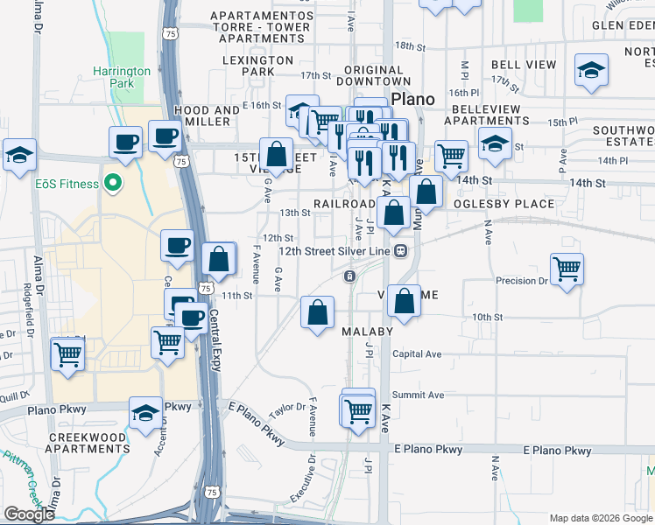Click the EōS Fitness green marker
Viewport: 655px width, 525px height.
pyautogui.click(x=112, y=184)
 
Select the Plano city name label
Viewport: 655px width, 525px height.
pyautogui.click(x=412, y=99)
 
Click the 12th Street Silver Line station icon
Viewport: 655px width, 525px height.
pyautogui.click(x=400, y=250)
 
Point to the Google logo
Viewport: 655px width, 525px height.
pyautogui.click(x=29, y=514)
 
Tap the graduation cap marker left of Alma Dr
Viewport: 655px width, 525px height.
pyautogui.click(x=19, y=155)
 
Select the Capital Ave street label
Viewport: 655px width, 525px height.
pyautogui.click(x=417, y=353)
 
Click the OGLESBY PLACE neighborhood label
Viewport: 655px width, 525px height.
pyautogui.click(x=504, y=204)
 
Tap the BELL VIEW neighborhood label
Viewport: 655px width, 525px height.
pyautogui.click(x=524, y=66)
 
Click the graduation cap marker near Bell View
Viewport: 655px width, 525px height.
pyautogui.click(x=592, y=71)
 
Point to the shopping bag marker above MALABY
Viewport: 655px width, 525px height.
pyautogui.click(x=318, y=312)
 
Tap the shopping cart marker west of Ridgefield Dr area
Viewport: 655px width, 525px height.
pyautogui.click(x=67, y=355)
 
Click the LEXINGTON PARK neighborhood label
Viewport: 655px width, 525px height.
pyautogui.click(x=258, y=66)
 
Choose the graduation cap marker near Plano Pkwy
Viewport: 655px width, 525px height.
pyautogui.click(x=145, y=414)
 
